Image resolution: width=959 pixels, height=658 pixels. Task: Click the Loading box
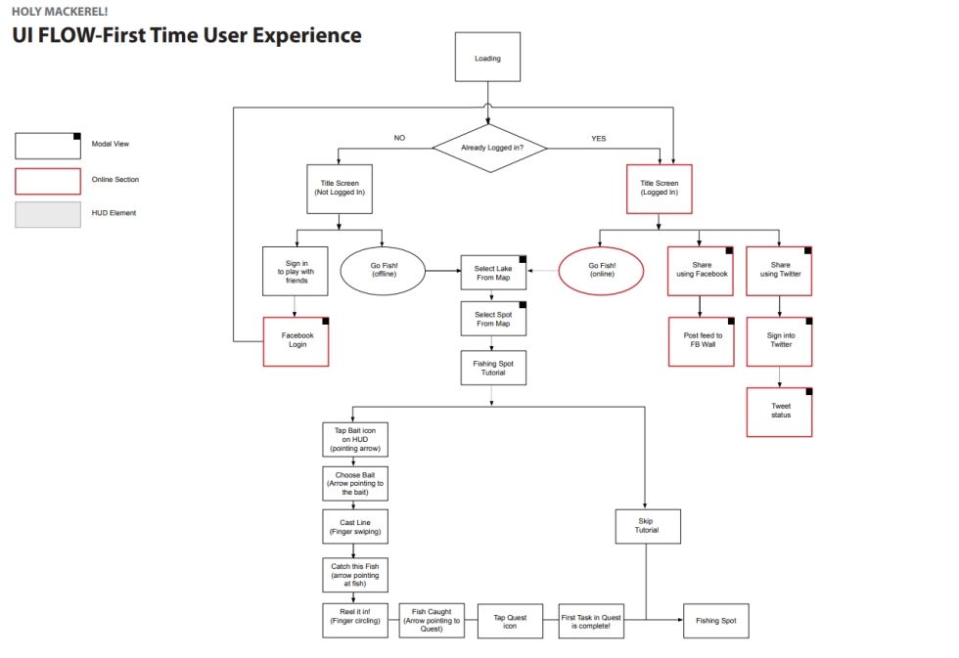[487, 58]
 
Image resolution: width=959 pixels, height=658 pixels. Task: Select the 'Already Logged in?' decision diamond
[489, 148]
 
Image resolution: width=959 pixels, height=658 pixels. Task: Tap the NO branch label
[399, 138]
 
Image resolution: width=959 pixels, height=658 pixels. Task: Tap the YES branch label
[598, 138]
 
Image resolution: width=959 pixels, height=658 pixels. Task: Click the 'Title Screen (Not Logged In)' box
[340, 188]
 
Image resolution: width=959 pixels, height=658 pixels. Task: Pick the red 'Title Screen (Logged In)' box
[659, 188]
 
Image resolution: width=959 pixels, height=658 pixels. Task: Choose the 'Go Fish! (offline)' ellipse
[383, 270]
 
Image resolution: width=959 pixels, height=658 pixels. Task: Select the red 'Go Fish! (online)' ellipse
[602, 270]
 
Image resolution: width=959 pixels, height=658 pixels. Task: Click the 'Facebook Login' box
[297, 340]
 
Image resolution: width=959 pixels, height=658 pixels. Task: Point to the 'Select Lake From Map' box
[493, 274]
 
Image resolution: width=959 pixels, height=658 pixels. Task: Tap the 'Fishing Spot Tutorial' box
[493, 368]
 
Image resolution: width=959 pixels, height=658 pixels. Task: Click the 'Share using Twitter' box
[779, 270]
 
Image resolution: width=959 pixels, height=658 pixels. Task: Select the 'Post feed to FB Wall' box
[701, 340]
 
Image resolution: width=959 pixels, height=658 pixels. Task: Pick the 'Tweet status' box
[779, 411]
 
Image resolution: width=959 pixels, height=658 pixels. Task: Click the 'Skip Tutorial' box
[647, 526]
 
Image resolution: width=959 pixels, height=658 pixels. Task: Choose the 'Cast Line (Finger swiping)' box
[354, 528]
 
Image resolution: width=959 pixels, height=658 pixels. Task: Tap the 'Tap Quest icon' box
[510, 621]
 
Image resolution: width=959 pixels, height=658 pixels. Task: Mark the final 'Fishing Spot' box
[715, 621]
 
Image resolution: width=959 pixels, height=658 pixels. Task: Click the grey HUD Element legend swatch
[48, 213]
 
